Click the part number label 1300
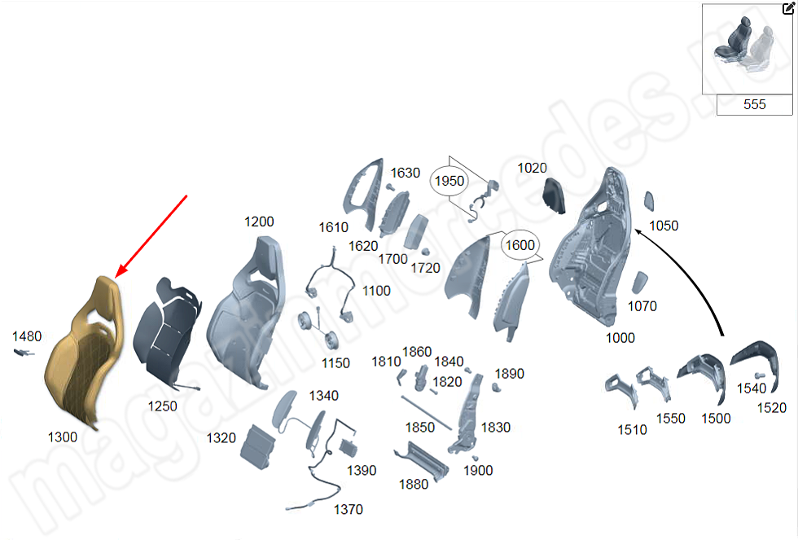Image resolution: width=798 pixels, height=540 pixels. pos(63,437)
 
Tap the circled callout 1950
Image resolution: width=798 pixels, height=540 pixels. pos(449,181)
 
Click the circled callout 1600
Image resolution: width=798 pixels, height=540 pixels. pos(520,245)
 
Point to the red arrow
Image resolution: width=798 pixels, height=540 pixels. pos(151,237)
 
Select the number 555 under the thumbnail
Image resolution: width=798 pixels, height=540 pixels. pos(754,104)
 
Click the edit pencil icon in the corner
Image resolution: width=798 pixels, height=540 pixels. pos(789,8)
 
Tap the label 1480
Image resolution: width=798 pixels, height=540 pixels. pos(27,336)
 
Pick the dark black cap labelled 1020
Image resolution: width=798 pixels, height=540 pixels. pos(554,195)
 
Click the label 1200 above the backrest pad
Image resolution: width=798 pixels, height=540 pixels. pos(259,222)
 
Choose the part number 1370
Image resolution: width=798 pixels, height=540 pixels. pos(349,509)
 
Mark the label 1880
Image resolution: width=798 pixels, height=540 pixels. pos(414,484)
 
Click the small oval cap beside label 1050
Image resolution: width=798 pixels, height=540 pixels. pos(649,201)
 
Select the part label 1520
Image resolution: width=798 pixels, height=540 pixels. pos(772,408)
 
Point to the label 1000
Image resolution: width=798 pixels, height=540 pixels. pos(620,338)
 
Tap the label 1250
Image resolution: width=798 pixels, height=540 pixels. pos(162,406)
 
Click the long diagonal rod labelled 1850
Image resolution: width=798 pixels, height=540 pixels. pos(427,413)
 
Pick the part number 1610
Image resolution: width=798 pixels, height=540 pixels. pos(333,227)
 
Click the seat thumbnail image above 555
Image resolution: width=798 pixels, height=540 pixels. pos(748,49)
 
